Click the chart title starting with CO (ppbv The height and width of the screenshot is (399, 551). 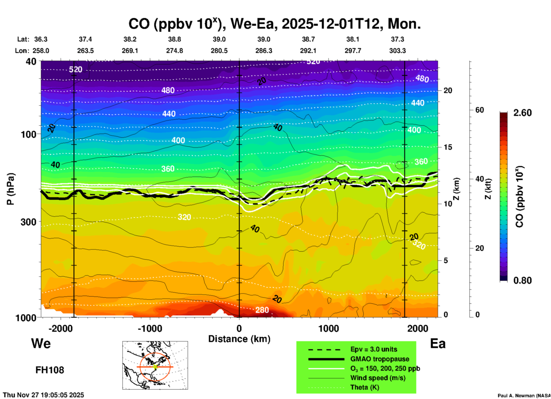tap(274, 24)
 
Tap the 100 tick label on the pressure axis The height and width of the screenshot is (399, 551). tap(29, 134)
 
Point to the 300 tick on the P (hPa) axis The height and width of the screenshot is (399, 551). tap(29, 222)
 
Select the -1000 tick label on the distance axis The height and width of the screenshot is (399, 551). tap(150, 329)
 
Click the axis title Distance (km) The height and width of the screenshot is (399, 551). tap(239, 339)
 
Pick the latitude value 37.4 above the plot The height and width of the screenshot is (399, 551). tap(85, 39)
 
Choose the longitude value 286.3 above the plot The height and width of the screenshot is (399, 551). tap(263, 51)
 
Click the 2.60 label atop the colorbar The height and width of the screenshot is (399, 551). tap(522, 113)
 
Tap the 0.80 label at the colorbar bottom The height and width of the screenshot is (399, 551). tap(522, 281)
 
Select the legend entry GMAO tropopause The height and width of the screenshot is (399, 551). tap(380, 359)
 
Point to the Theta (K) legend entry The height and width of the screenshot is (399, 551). tap(364, 388)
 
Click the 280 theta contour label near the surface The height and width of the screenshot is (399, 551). tap(262, 310)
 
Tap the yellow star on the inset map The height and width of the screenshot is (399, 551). tap(155, 366)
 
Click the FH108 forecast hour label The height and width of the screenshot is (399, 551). tap(50, 370)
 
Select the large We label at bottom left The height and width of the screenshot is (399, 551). tap(41, 343)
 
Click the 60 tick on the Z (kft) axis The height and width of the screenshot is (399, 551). tap(479, 110)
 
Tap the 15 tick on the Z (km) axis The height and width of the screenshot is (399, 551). tap(448, 147)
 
